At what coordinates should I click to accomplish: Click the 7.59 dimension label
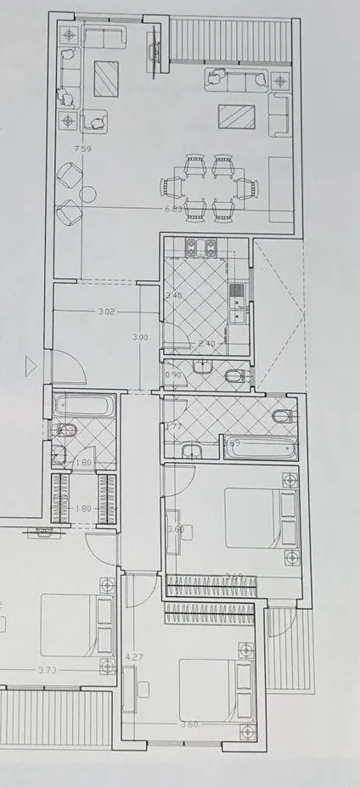[82, 149]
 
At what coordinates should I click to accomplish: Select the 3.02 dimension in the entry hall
[106, 312]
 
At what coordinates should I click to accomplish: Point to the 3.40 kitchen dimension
[173, 295]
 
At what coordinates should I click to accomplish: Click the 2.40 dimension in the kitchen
[206, 343]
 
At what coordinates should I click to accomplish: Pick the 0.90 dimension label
[172, 374]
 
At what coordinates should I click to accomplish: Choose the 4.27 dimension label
[132, 656]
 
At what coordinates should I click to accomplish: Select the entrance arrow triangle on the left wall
[32, 367]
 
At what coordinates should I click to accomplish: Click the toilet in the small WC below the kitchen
[235, 374]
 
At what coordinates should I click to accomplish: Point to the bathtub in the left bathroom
[84, 405]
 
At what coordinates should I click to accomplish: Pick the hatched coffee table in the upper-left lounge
[106, 79]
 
